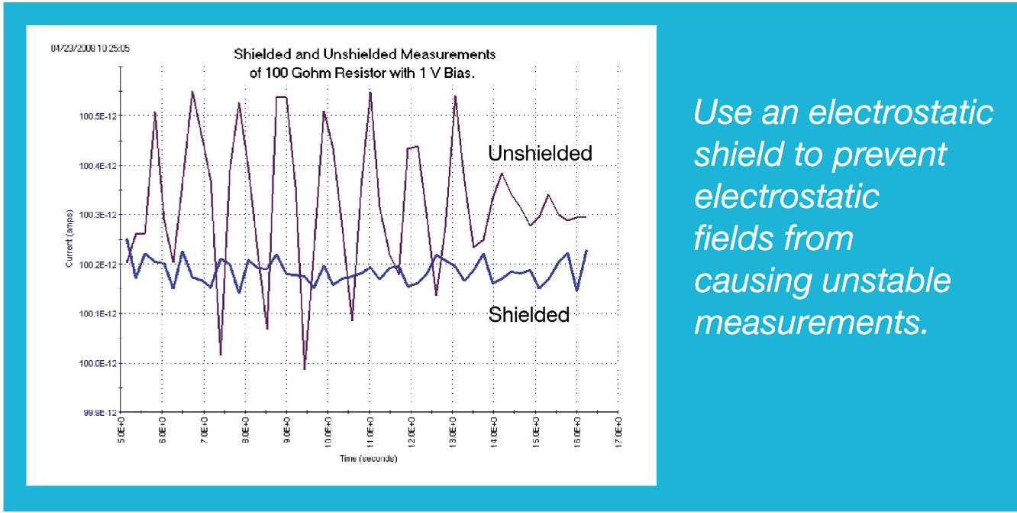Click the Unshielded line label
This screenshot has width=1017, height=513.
click(x=540, y=154)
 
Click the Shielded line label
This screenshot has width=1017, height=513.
click(x=528, y=314)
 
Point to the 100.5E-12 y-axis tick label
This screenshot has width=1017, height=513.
click(x=95, y=116)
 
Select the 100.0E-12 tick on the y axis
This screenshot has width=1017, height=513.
click(x=95, y=363)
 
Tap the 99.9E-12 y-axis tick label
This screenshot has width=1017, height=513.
click(x=97, y=413)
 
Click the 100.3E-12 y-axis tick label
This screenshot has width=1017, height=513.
click(x=95, y=216)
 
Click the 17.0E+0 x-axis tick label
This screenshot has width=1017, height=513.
click(x=619, y=434)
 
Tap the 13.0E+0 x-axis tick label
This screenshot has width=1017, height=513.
click(x=454, y=434)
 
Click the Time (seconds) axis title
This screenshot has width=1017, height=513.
click(x=370, y=459)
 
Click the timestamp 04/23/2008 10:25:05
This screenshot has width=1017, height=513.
click(x=90, y=48)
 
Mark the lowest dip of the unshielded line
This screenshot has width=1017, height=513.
click(x=305, y=369)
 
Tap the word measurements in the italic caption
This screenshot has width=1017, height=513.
click(x=810, y=322)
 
